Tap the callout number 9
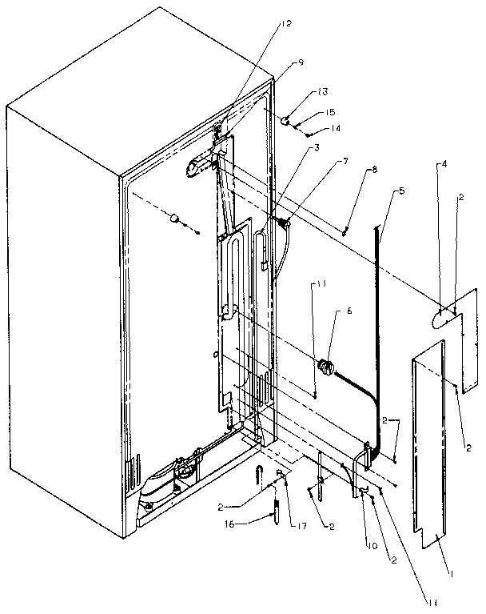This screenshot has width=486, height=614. coord(278,62)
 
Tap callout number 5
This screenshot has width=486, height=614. coord(402,191)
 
